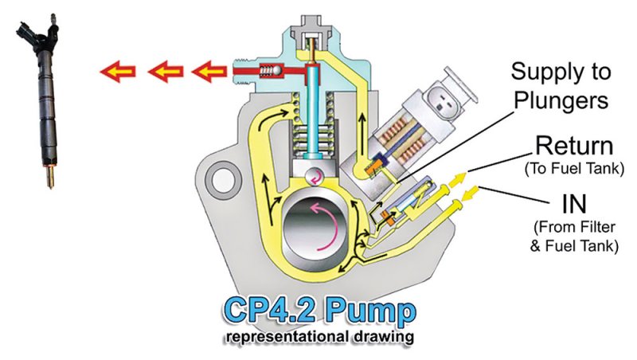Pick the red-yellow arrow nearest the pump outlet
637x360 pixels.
tap(209, 72)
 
